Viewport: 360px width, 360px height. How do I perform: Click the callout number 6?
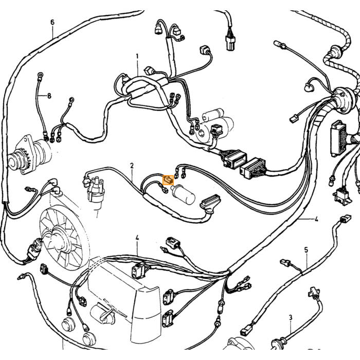coord(52,22)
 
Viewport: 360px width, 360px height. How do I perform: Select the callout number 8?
coord(49,96)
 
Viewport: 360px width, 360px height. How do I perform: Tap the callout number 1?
coord(137,56)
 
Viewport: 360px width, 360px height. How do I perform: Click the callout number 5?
coord(306,250)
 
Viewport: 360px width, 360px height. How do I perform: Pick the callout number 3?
coord(291,318)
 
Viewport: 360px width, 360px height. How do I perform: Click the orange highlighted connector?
coord(168,180)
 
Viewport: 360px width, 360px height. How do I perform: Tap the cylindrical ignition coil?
coord(183,195)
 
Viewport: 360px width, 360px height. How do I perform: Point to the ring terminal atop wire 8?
coord(41,75)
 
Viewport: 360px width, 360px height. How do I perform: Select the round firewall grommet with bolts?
coord(343,99)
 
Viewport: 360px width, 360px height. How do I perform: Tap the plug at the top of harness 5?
coord(285,262)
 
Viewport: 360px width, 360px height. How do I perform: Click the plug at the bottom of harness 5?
coord(245,332)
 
